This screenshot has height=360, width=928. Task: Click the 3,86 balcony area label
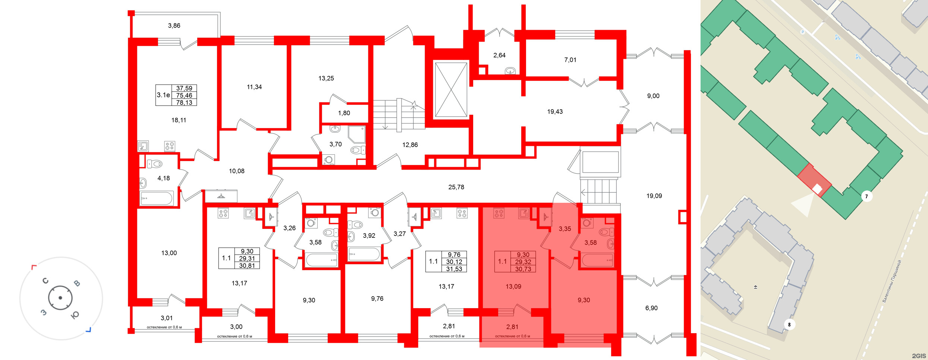[174, 26]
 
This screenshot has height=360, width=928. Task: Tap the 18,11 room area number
[179, 120]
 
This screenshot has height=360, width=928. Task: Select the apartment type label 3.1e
[163, 95]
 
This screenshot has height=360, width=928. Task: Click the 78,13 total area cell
[184, 102]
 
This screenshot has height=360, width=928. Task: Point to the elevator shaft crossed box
[451, 89]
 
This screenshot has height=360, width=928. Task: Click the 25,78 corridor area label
[456, 187]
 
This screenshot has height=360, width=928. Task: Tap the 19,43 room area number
[555, 111]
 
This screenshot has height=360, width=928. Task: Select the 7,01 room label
[570, 60]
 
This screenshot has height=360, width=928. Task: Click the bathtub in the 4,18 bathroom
[157, 198]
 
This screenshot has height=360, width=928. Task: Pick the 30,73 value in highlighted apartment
[523, 269]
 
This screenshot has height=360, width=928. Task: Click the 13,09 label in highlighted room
[513, 287]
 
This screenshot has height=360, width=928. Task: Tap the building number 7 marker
[866, 196]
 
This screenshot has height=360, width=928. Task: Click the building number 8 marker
[789, 325]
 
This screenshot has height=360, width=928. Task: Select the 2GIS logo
[919, 356]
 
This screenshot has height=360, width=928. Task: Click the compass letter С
[45, 281]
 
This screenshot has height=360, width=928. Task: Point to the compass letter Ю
[75, 315]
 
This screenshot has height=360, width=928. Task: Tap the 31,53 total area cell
[454, 269]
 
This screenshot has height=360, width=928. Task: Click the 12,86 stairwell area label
[410, 145]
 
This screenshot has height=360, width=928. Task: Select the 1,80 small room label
[344, 113]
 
